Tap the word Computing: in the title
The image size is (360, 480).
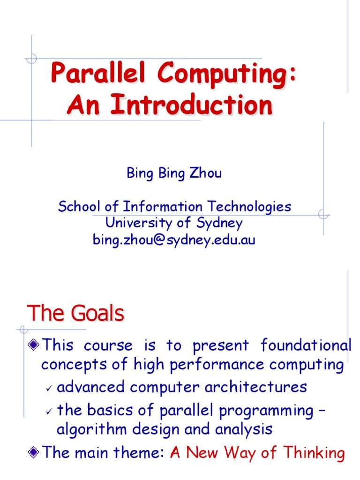pos(227,75)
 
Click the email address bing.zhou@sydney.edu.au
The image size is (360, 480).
pos(174,240)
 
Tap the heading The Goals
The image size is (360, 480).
pos(75,313)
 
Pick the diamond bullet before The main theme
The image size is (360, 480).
pos(33,453)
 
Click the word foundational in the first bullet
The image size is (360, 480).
pos(306,345)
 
